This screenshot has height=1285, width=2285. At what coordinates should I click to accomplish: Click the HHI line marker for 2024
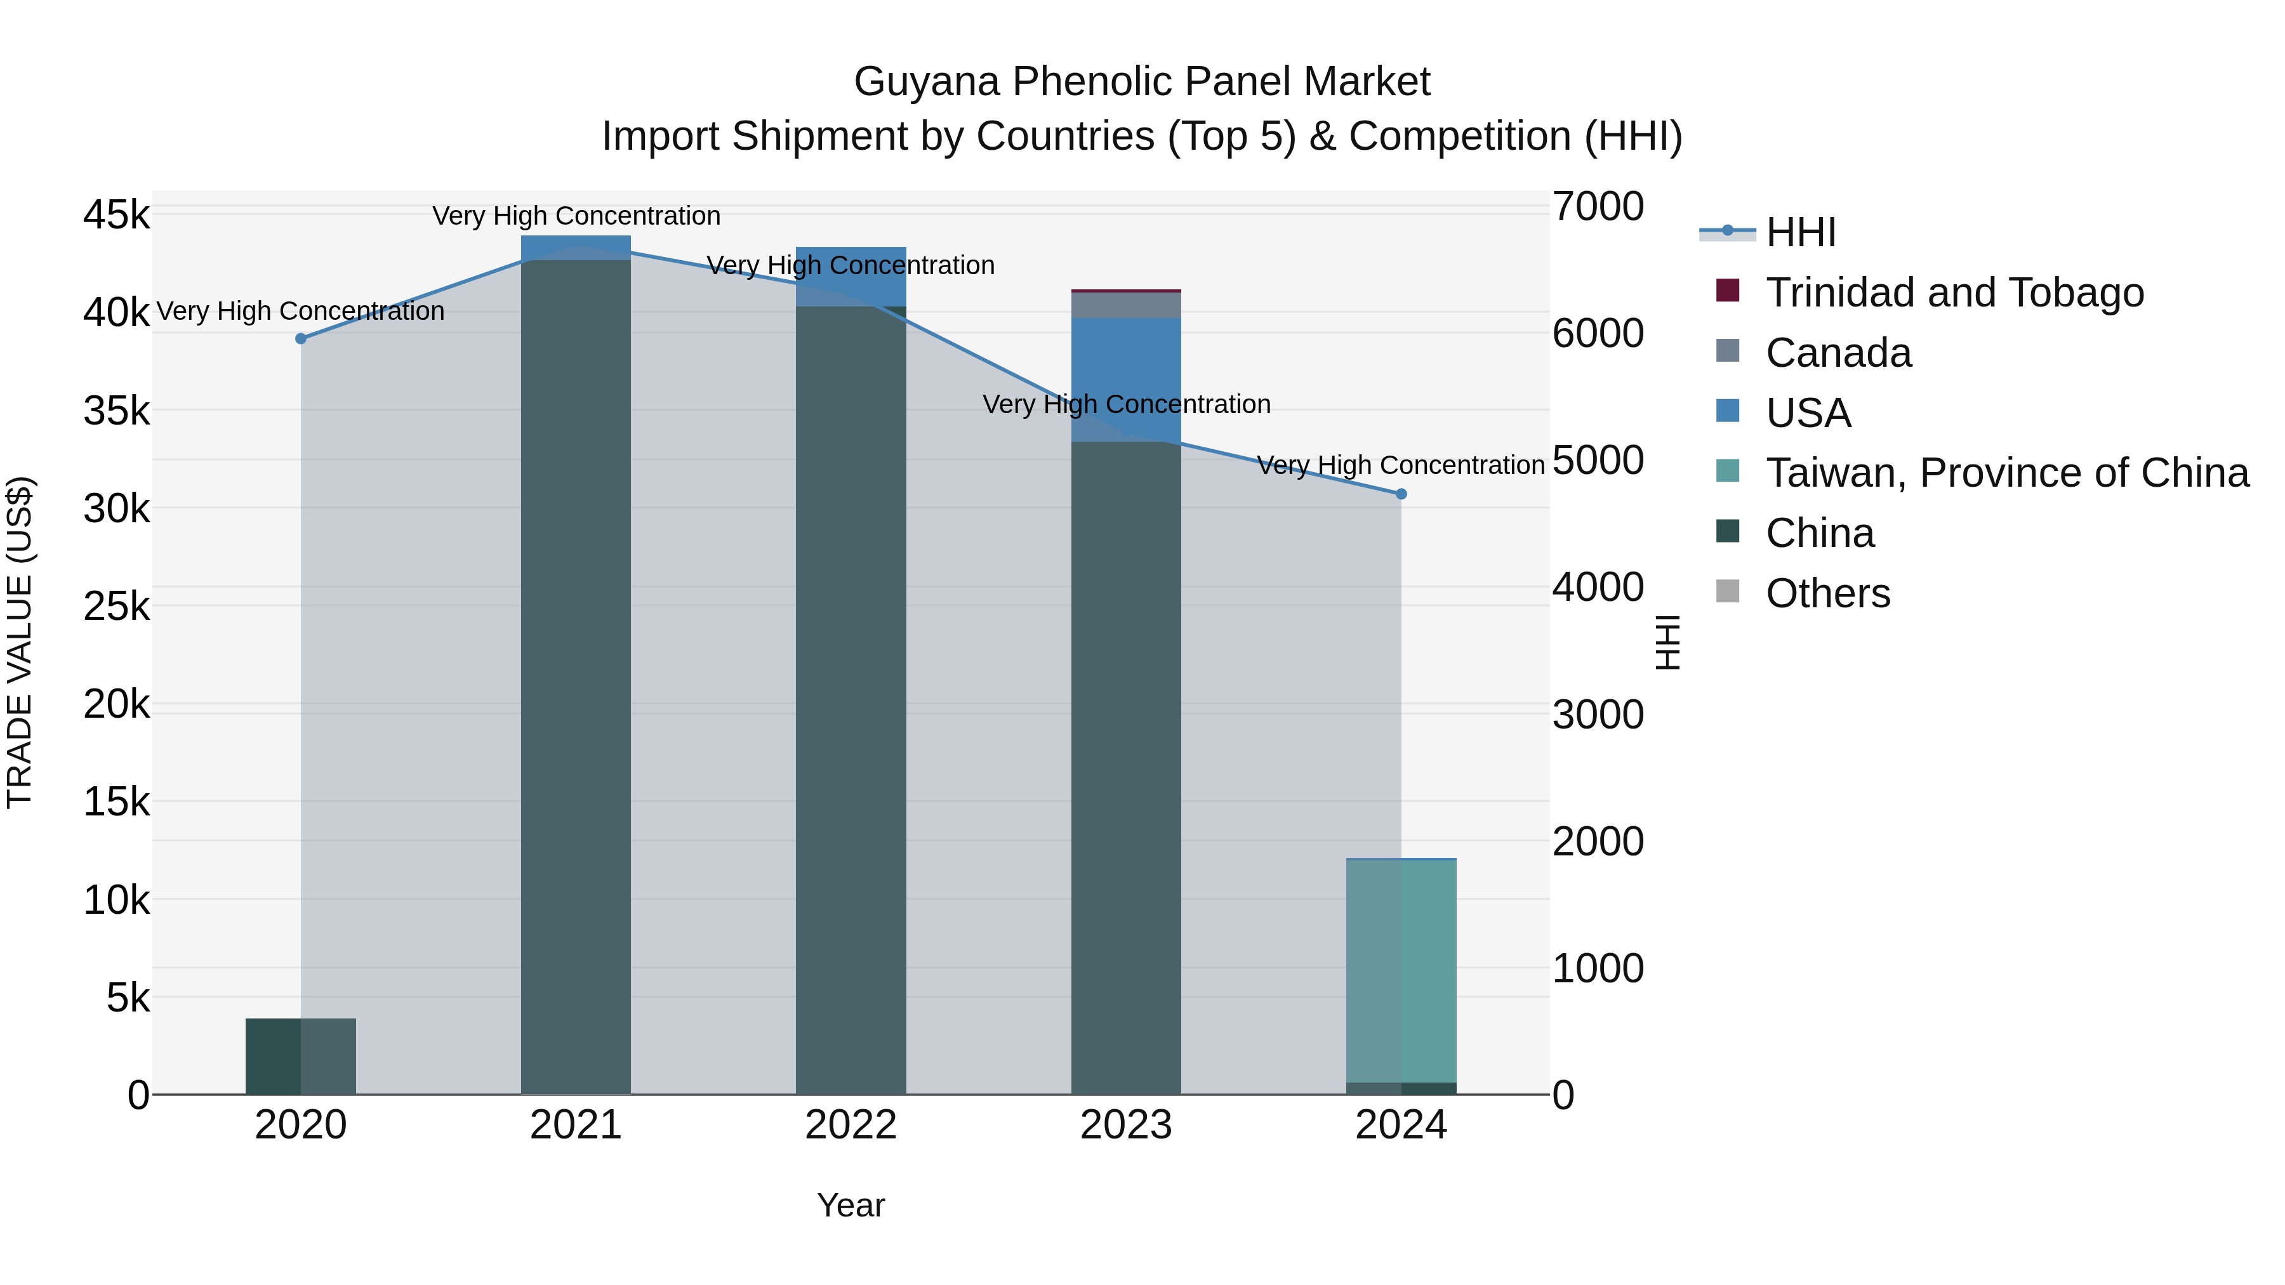coord(1401,494)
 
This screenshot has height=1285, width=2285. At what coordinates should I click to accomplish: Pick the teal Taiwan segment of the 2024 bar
coord(1401,970)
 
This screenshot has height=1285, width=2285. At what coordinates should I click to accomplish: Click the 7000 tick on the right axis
coord(1598,207)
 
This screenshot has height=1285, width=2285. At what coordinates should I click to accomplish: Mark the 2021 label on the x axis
coord(576,1125)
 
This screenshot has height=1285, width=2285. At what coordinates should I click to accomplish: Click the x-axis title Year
coord(850,1205)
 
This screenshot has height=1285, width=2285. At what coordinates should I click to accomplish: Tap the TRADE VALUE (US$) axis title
coord(20,642)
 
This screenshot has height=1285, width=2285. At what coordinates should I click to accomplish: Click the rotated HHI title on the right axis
coord(1667,642)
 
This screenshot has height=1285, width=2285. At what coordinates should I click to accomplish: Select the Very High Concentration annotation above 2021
coord(576,216)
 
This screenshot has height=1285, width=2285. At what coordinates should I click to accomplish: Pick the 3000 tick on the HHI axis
coord(1598,715)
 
